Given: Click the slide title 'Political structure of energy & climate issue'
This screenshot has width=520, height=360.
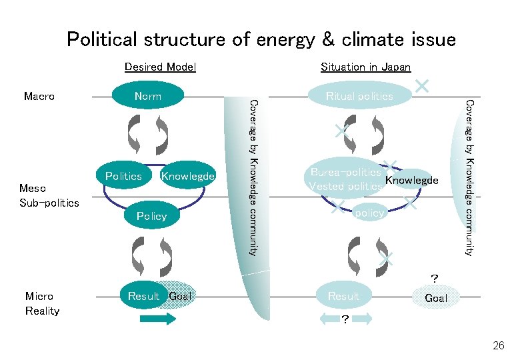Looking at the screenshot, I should click(x=261, y=39).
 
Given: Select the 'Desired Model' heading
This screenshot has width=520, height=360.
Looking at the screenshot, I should click(x=160, y=67).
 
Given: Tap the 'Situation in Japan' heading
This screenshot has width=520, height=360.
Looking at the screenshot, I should click(x=365, y=67).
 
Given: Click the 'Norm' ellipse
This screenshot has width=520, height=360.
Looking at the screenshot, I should click(x=147, y=96).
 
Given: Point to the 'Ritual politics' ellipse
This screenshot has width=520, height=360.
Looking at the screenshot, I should click(x=359, y=96).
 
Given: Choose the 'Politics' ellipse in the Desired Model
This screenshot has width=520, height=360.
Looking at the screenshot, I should click(x=123, y=177).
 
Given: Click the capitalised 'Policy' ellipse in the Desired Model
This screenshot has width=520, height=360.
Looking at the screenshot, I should click(x=151, y=216).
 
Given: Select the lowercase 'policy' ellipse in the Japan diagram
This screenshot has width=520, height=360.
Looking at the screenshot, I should click(x=369, y=213).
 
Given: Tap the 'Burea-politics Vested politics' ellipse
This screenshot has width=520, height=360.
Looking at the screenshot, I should click(x=346, y=179).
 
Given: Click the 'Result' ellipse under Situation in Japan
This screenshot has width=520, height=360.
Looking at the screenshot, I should click(x=343, y=296).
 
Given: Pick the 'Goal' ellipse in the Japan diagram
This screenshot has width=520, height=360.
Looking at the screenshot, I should click(x=436, y=297).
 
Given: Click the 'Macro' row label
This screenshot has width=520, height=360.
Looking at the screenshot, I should click(x=39, y=96).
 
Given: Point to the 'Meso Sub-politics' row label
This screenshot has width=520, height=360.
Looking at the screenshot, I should click(x=49, y=196).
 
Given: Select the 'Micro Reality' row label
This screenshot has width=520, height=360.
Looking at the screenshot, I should click(x=42, y=303).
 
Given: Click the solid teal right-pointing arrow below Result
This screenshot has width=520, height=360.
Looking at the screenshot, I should click(x=157, y=319).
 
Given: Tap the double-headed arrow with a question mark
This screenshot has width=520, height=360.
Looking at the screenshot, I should click(x=344, y=319).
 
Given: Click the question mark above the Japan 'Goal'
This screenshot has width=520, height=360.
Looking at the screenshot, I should click(x=435, y=277).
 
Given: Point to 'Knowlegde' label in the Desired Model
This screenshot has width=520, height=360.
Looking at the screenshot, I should click(x=187, y=177).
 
